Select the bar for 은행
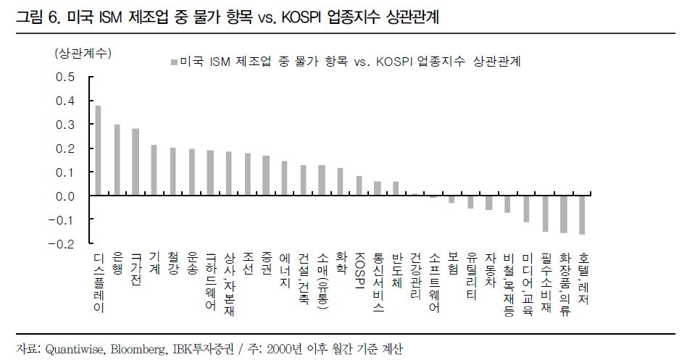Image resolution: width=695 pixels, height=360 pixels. tap(117, 160)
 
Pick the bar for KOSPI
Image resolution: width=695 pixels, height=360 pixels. tap(359, 186)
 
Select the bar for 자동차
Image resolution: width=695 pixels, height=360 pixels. tap(489, 203)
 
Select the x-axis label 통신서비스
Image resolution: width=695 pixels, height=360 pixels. tap(378, 281)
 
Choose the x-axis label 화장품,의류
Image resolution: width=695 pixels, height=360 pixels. tap(565, 282)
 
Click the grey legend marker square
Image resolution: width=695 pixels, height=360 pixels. tap(172, 62)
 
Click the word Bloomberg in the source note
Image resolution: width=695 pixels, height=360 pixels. tap(138, 348)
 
